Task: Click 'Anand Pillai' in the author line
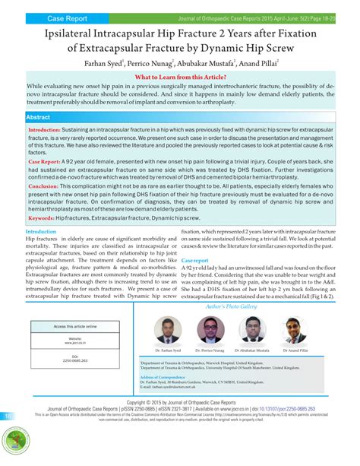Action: (257, 65)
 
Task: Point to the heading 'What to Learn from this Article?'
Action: (179, 78)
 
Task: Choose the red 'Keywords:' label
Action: (41, 217)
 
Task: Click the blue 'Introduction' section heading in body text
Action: (41, 231)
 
